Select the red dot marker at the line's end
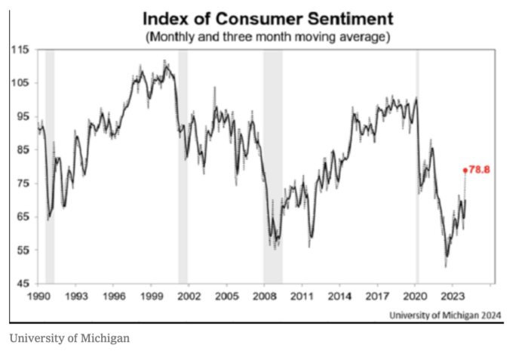[465, 171]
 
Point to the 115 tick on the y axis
[20, 50]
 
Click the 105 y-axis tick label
[20, 83]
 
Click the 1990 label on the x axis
[38, 297]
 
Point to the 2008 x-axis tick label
[263, 297]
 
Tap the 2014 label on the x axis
[339, 297]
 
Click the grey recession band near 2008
[272, 166]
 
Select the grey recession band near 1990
[50, 166]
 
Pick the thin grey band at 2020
[417, 166]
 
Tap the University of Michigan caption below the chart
[69, 338]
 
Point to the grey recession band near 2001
[183, 166]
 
